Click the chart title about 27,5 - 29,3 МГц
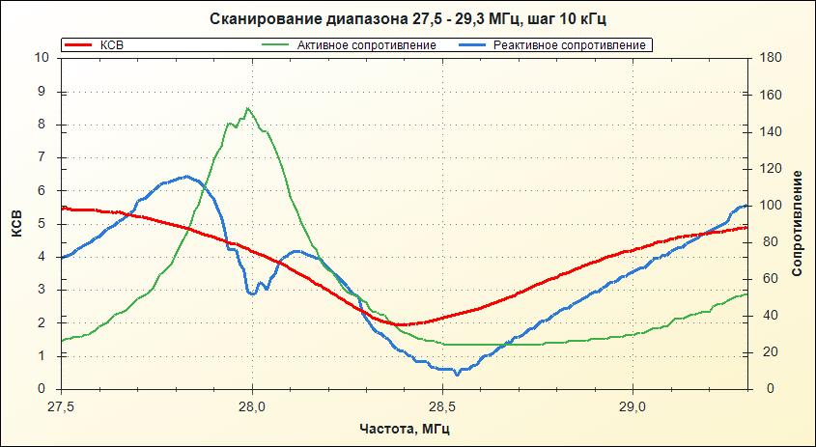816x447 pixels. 408,19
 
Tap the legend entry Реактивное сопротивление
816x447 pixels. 569,45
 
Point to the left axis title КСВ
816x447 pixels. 16,223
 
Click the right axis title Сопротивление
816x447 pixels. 797,223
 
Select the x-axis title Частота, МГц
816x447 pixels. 407,428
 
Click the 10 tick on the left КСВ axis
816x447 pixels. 42,57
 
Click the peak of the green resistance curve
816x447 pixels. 248,108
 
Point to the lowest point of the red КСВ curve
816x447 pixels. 397,324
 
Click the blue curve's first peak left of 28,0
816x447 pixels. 186,176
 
